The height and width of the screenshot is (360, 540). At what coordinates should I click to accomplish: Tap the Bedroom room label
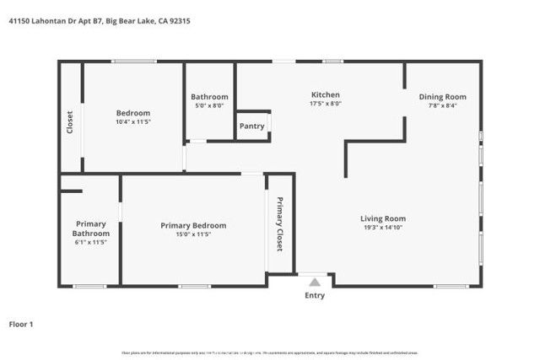tap(132, 113)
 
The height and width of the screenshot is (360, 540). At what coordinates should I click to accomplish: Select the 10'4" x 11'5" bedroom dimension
tap(132, 122)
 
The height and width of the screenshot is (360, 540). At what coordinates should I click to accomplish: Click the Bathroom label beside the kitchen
tap(209, 96)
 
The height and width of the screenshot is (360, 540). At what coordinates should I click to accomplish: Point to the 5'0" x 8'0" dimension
tap(209, 105)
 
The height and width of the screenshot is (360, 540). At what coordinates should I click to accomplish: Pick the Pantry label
tap(251, 126)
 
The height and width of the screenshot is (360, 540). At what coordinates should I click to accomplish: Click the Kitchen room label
tap(325, 95)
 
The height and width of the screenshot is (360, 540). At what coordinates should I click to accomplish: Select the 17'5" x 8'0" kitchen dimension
tap(325, 105)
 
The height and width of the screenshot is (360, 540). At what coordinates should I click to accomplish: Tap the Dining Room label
tap(442, 96)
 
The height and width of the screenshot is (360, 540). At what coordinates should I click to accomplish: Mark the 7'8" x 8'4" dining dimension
tap(442, 105)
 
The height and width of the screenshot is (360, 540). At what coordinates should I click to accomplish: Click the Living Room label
tap(384, 218)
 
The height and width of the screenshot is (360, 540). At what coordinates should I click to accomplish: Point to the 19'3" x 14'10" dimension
tap(384, 228)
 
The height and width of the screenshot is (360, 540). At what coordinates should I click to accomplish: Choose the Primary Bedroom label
tap(193, 225)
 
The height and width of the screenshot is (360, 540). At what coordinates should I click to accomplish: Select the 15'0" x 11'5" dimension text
tap(193, 234)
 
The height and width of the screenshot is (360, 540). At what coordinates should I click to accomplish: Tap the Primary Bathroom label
tap(89, 228)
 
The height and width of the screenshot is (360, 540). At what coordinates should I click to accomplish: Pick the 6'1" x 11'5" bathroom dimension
tap(89, 243)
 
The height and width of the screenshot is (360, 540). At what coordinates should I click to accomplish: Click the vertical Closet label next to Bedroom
tap(70, 122)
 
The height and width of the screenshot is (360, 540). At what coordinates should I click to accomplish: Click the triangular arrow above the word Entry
tap(315, 282)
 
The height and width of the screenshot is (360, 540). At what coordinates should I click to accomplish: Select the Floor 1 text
tap(21, 324)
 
